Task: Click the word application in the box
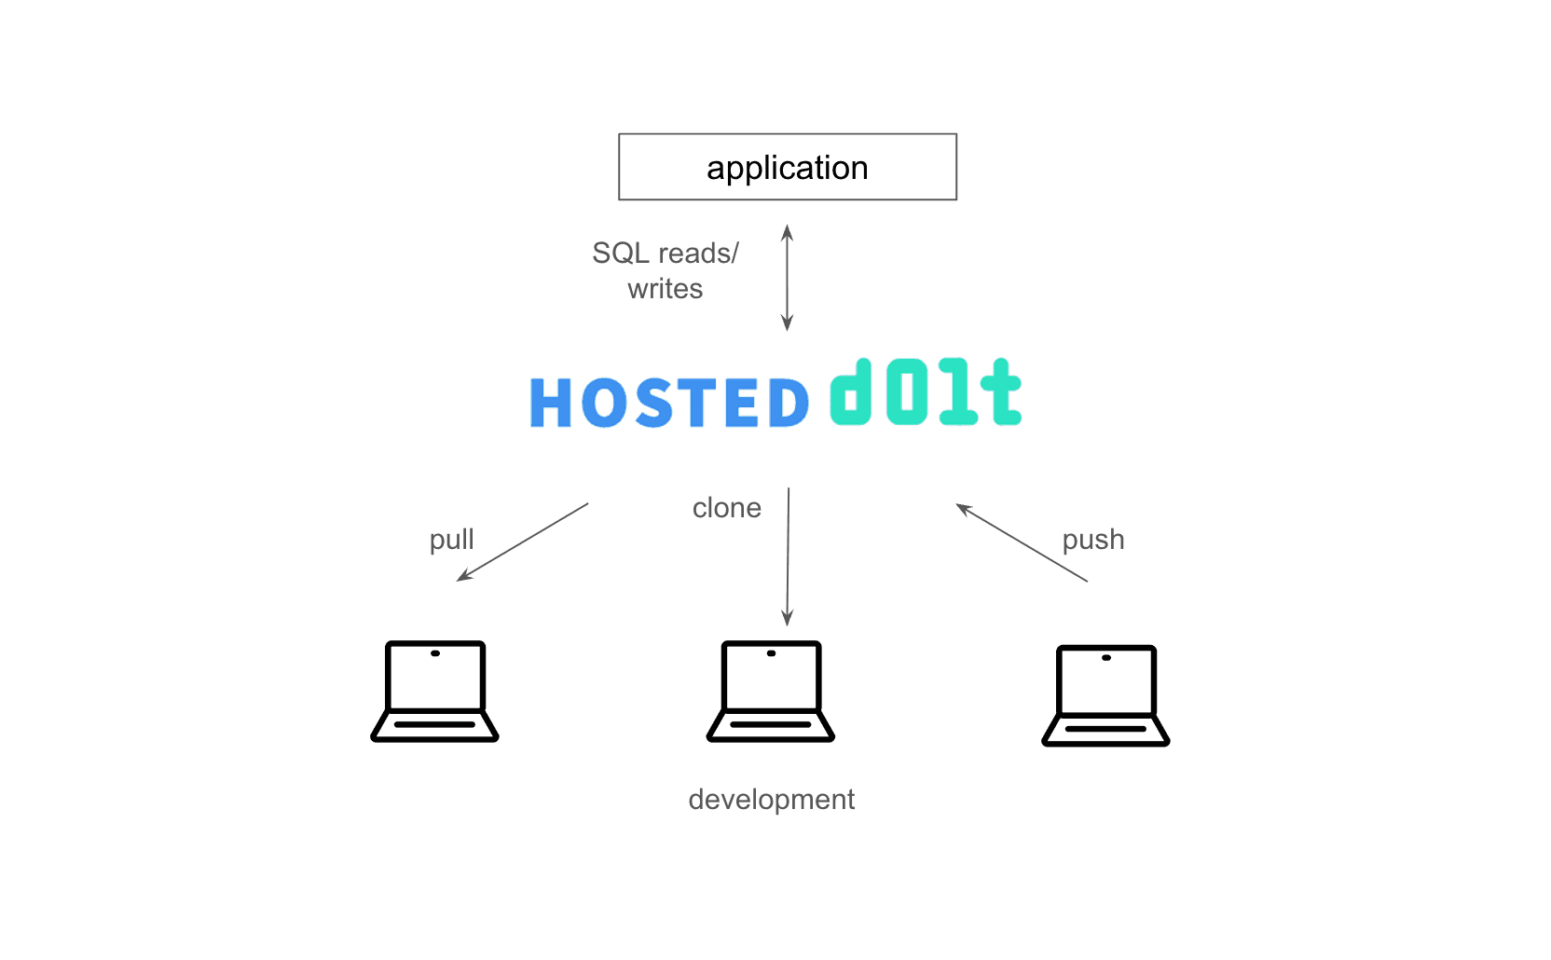tap(788, 168)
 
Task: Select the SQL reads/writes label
tap(666, 270)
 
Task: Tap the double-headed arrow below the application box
tap(788, 278)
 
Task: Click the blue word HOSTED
tap(669, 402)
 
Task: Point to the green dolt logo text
tap(926, 391)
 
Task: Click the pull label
tap(451, 540)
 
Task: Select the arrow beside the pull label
tap(522, 542)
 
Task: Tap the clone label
tap(727, 508)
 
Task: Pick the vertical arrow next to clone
tap(788, 556)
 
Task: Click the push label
tap(1093, 540)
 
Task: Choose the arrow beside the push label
tap(1022, 542)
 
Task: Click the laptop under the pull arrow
tap(435, 692)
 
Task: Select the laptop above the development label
tap(771, 692)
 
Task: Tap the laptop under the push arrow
tap(1105, 695)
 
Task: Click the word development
tap(772, 800)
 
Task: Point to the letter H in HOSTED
tap(551, 402)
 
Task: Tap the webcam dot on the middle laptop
tap(771, 653)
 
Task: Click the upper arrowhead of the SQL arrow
tap(788, 232)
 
